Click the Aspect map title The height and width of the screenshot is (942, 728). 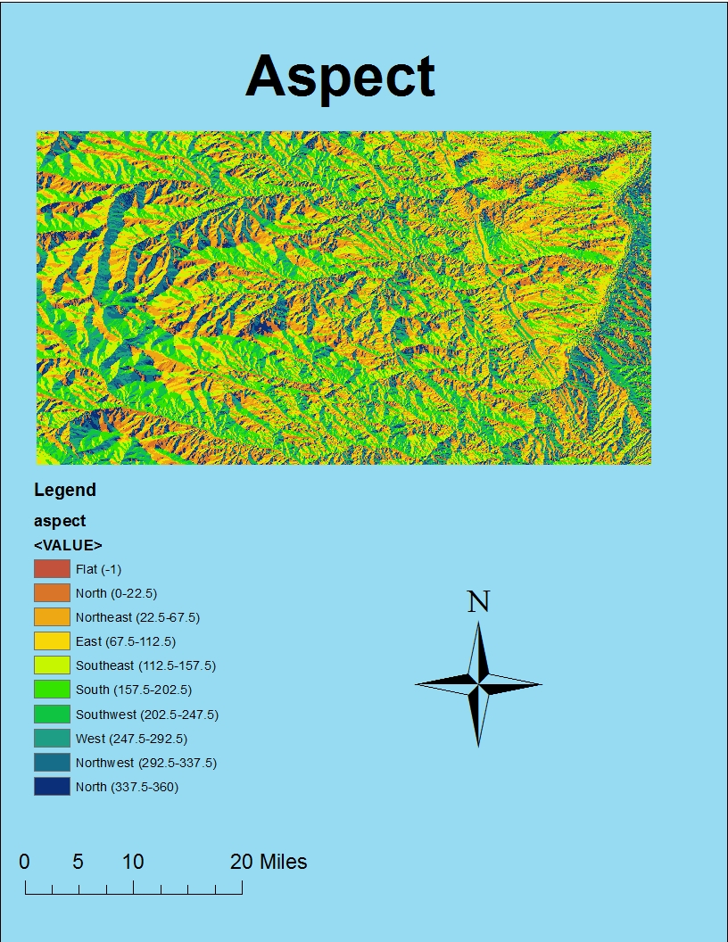pos(340,76)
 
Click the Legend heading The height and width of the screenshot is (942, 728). pos(65,490)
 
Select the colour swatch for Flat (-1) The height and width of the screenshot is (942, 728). pos(52,568)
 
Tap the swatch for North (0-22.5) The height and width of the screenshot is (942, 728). pos(52,592)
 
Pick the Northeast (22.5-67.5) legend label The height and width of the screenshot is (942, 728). pos(137,617)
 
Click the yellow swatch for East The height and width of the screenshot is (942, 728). pos(52,640)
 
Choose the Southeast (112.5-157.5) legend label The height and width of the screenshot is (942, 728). pos(145,665)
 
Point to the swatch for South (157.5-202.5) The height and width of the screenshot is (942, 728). pos(52,690)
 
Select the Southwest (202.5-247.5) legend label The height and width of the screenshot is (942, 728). pos(147,715)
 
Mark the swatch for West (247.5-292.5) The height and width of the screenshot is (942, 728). pos(52,738)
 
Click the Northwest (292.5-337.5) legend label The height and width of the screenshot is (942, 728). pos(146,763)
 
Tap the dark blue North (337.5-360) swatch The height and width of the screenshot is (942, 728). pos(52,786)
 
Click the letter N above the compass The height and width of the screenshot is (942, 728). pos(479,602)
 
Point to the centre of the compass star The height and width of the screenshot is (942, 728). pos(478,684)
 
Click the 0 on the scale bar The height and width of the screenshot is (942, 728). pos(24,862)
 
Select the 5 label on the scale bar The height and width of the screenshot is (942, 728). pos(79,862)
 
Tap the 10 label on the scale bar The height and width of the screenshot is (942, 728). pos(133,862)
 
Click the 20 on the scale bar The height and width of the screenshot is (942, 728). pos(242,862)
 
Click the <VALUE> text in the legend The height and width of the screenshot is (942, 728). pos(68,545)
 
